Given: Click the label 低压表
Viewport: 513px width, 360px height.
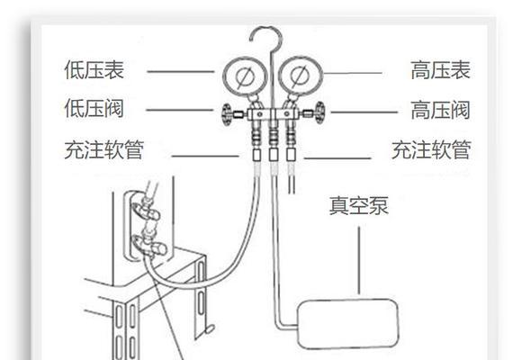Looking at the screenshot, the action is click(x=94, y=69).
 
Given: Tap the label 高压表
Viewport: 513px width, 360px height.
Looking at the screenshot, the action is click(x=440, y=70).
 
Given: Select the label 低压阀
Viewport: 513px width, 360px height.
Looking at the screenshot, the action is click(x=94, y=108).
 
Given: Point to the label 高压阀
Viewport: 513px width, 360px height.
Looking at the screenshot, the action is click(x=440, y=110).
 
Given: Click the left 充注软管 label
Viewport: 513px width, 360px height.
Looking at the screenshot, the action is click(x=104, y=150).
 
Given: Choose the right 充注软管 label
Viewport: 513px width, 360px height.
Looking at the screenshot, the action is click(x=431, y=150).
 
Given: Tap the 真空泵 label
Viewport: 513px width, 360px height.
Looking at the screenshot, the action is click(x=358, y=205).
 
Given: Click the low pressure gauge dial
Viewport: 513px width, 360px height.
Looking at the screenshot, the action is click(x=245, y=76).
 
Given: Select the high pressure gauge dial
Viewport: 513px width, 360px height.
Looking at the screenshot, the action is click(x=301, y=76).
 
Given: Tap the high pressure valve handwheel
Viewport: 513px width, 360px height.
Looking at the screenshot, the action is click(x=320, y=112).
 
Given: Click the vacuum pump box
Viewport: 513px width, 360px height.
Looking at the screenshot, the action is click(x=348, y=324).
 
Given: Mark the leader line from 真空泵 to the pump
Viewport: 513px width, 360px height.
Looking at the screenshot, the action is click(x=359, y=260).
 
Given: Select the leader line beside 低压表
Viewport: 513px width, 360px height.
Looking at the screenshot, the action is click(x=180, y=71).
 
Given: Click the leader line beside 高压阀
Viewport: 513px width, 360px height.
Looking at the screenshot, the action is click(x=364, y=112).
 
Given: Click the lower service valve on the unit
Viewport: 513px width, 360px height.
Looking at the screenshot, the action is click(x=150, y=244).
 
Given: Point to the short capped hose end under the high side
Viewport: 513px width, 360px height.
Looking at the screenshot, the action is click(x=292, y=179).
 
